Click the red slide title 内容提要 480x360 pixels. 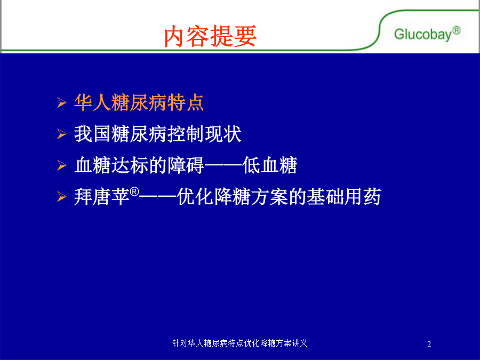click(210, 36)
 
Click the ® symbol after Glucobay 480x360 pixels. click(457, 30)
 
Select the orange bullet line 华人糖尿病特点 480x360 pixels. click(139, 102)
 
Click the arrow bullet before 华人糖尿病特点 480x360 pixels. click(61, 102)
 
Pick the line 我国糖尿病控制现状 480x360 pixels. click(158, 134)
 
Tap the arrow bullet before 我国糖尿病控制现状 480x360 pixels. click(61, 134)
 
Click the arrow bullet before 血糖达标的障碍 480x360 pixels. click(61, 165)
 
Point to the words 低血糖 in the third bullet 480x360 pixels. click(270, 165)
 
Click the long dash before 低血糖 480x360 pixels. click(223, 166)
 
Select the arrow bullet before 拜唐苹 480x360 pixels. click(61, 196)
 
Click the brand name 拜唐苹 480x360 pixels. click(102, 196)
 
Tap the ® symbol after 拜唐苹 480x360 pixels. click(134, 192)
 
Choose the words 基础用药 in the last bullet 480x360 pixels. click(344, 196)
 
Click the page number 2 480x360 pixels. click(429, 344)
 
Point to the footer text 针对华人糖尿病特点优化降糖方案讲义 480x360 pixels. click(239, 343)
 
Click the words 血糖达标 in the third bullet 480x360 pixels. click(111, 165)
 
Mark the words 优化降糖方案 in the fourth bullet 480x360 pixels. click(233, 196)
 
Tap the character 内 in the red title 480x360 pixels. click(175, 36)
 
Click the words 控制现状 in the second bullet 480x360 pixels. click(204, 134)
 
